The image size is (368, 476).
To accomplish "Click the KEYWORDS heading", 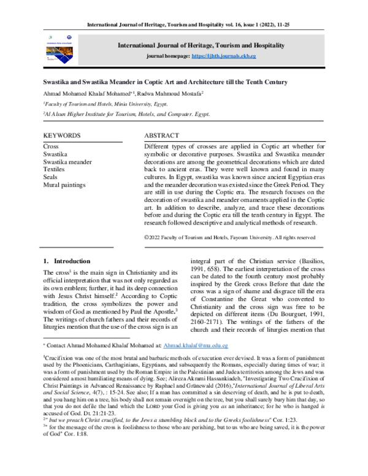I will point(61,135).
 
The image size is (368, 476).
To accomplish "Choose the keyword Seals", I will point(51,177).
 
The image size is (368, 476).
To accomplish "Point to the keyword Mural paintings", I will point(64,184).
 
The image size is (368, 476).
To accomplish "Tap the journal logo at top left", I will point(58,50).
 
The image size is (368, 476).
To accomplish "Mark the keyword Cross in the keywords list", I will point(51,147).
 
